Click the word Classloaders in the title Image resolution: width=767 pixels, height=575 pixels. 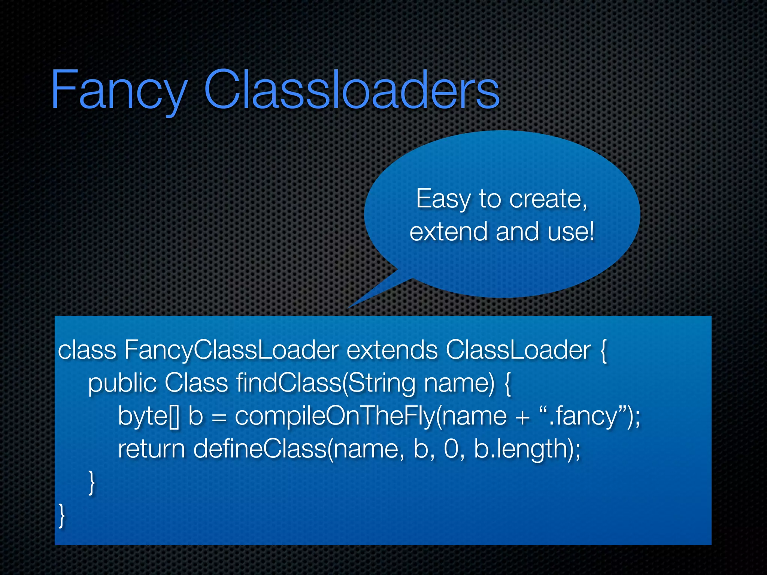point(351,90)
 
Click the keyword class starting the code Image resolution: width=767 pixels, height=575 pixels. point(87,350)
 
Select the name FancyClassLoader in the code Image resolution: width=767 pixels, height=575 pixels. point(231,350)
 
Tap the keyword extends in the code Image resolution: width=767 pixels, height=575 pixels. point(392,350)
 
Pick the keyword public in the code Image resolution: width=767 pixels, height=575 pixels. point(122,383)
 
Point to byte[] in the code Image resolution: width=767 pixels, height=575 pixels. point(149,416)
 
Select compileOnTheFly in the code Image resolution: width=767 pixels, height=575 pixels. point(335,416)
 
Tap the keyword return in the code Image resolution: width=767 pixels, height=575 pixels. point(151,449)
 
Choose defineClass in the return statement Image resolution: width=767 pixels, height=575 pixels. point(260,449)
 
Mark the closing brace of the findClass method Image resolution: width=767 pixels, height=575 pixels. point(91,483)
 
